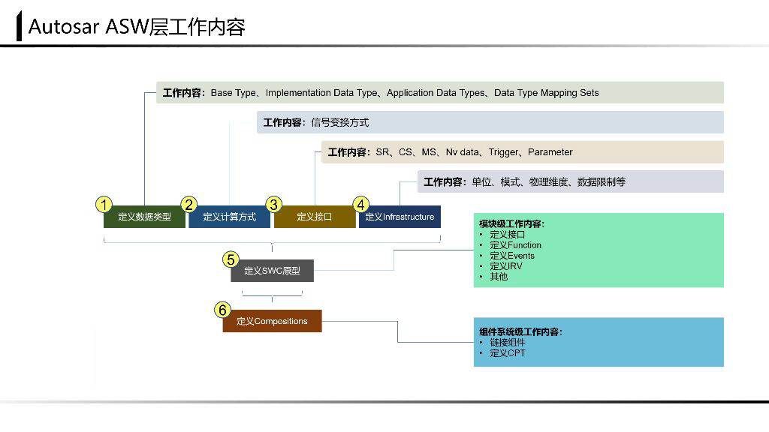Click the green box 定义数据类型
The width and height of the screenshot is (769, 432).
point(144,217)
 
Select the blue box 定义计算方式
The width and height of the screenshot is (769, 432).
point(229,217)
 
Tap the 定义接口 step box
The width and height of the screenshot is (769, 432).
point(314,217)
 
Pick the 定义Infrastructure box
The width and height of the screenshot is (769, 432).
point(400,217)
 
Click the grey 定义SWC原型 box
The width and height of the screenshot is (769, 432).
point(272,271)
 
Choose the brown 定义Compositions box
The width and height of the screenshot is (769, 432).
point(272,321)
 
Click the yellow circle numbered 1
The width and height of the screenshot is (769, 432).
point(104,205)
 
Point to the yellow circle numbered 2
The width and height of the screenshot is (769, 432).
point(189,205)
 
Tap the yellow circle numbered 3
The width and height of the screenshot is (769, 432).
point(274,205)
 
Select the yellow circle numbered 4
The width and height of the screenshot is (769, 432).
point(361,205)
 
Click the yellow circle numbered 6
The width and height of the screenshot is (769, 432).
point(222,309)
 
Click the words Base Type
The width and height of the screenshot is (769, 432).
point(233,93)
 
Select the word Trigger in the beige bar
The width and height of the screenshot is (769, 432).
point(502,152)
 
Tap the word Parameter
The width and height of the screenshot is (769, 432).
point(550,152)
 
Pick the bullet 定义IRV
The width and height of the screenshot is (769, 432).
point(505,266)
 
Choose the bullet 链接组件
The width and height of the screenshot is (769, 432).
point(507,342)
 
